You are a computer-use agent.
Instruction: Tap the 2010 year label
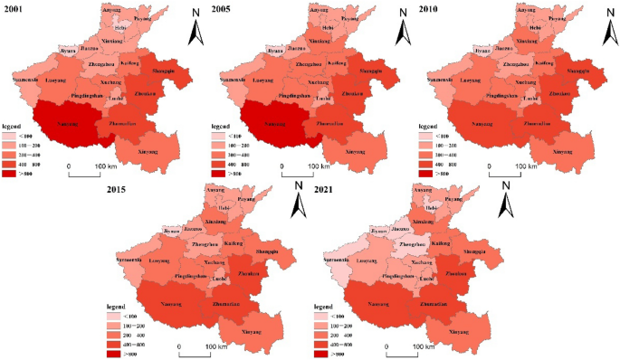pyautogui.click(x=432, y=9)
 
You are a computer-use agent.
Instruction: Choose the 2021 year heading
pyautogui.click(x=327, y=190)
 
